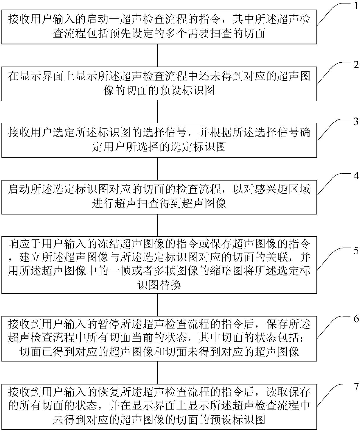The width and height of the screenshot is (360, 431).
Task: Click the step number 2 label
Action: coord(356,65)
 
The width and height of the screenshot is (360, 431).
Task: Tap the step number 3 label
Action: coord(356,122)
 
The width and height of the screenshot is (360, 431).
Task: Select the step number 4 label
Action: coord(356,176)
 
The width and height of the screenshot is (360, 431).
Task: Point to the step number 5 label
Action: coord(356,250)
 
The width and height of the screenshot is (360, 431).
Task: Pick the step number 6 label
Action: coord(356,319)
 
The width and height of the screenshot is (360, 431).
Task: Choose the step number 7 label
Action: coord(356,387)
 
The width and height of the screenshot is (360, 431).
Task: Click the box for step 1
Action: coord(159,27)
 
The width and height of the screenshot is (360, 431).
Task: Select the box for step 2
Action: coord(159,84)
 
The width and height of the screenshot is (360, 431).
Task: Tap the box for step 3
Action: coord(159,140)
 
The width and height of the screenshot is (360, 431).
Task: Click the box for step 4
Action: coord(159,197)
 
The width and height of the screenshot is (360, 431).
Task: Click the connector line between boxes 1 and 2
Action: coord(157,55)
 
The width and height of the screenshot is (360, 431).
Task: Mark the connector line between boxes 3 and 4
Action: coord(157,169)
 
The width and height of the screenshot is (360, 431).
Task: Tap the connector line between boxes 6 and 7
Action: coord(157,372)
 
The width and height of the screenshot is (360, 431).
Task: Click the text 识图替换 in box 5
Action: coord(159,285)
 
